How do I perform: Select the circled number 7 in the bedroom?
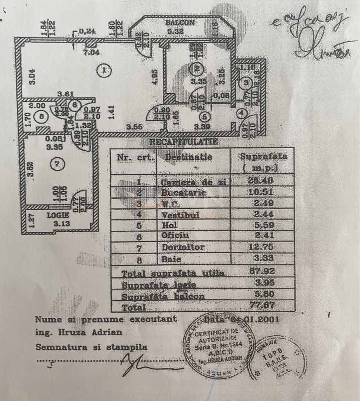coord(60,164)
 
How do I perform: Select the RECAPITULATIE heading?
coord(184,142)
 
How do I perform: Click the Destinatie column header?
coord(189,157)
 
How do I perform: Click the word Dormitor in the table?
coord(183,247)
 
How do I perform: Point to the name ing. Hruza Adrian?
coord(79,332)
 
